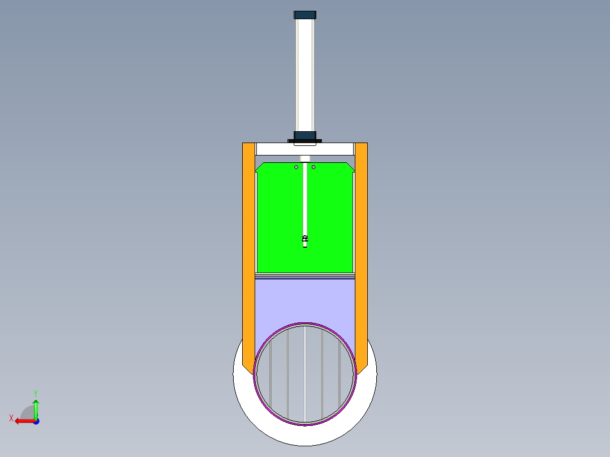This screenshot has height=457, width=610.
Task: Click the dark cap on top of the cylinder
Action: tap(305, 15)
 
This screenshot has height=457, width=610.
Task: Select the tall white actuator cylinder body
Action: tap(305, 74)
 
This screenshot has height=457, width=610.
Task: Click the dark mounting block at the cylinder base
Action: tap(305, 136)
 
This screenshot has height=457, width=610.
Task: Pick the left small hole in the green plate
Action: tap(296, 167)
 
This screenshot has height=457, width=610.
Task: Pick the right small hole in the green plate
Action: tap(314, 167)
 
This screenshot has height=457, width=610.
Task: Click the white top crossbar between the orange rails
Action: tap(277, 149)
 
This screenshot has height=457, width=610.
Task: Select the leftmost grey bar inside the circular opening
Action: tap(271, 373)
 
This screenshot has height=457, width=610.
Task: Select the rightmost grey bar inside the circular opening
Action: tap(339, 373)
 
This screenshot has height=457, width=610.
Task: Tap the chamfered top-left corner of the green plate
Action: tap(260, 167)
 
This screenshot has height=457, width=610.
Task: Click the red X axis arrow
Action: tap(23, 421)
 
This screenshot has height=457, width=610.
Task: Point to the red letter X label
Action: tap(11, 418)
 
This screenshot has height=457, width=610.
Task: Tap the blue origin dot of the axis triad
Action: tap(36, 421)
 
